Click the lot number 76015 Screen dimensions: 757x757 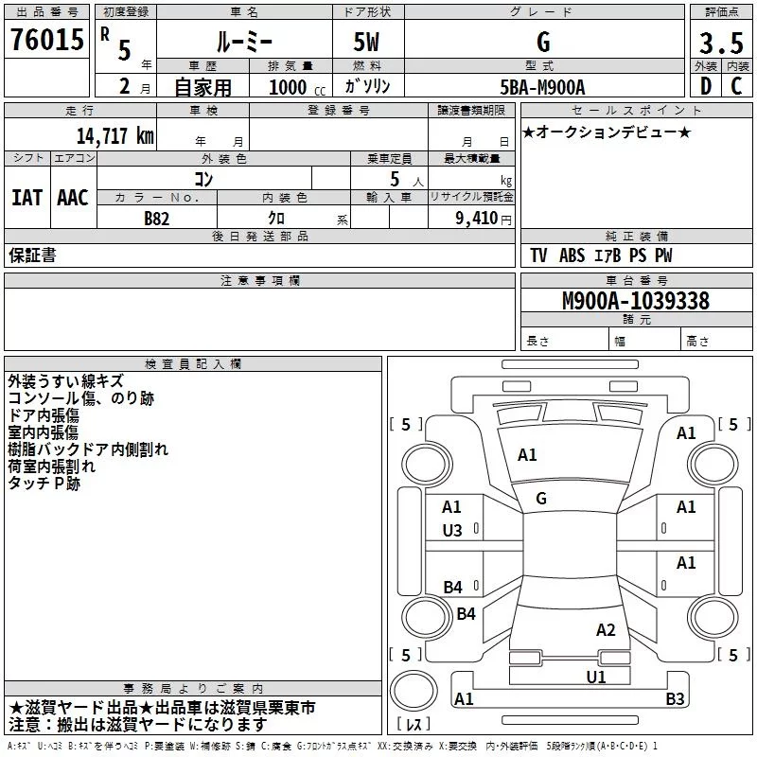tap(46, 41)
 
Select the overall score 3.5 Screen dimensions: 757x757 tap(719, 43)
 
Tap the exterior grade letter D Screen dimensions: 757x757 tap(705, 86)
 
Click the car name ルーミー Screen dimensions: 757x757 tap(243, 43)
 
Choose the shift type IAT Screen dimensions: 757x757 tap(26, 198)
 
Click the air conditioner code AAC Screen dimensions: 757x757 tap(73, 198)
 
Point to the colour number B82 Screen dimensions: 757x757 tap(156, 218)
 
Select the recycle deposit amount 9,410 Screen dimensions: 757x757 tap(476, 218)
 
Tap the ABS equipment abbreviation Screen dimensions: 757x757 tap(572, 255)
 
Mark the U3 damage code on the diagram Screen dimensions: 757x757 tap(452, 531)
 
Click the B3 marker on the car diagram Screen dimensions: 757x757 tap(675, 699)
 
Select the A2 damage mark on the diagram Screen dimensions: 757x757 tap(606, 630)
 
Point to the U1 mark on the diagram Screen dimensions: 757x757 tap(595, 677)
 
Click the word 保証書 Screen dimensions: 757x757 tap(32, 255)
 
